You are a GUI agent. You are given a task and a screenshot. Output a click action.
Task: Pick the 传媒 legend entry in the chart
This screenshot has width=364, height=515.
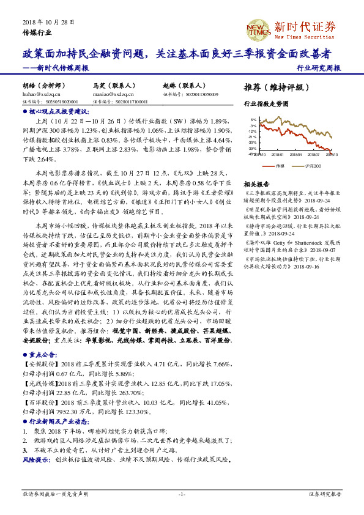click(x=276, y=166)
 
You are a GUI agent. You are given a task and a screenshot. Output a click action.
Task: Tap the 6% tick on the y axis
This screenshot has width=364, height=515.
click(x=253, y=120)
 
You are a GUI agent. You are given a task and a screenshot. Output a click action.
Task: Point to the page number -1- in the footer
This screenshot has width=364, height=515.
click(x=182, y=493)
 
